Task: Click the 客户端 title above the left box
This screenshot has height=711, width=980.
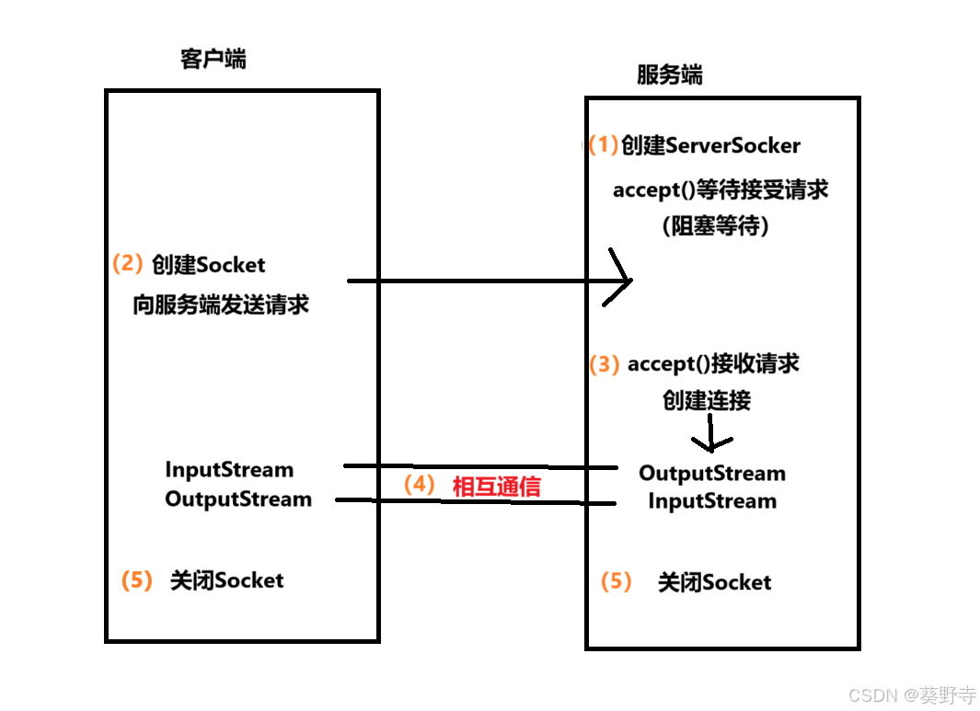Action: [213, 60]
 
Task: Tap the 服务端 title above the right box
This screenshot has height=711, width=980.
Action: [669, 75]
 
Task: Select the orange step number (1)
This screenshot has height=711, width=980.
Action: [604, 144]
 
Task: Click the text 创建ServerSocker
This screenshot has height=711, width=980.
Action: [710, 145]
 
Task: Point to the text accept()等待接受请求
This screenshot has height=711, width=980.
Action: [721, 189]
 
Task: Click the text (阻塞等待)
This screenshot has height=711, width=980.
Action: [715, 225]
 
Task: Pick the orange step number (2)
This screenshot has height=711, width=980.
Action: [127, 264]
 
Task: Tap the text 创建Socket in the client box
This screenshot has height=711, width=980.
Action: [208, 265]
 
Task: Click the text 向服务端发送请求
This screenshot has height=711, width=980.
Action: [221, 305]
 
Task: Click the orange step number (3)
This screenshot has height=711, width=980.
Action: [605, 364]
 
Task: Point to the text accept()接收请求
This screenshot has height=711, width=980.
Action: [713, 364]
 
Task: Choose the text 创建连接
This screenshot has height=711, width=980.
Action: [707, 400]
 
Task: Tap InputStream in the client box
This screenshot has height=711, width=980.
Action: [229, 470]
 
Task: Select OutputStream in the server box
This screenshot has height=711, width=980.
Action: [712, 474]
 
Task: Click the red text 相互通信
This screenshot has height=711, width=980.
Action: [496, 487]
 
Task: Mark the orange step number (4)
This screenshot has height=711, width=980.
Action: [419, 485]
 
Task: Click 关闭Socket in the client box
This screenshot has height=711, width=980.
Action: [226, 580]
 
